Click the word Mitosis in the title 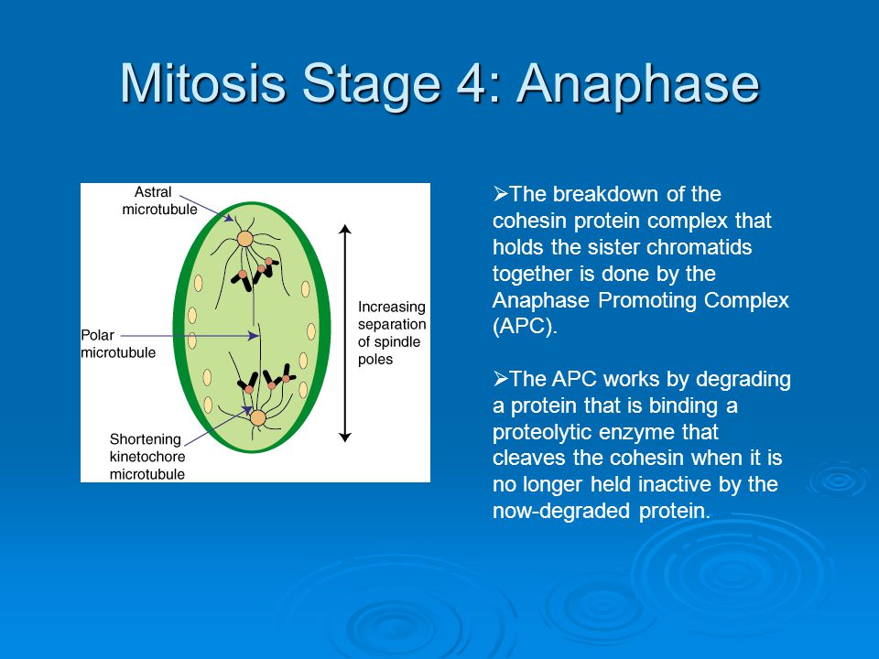pyautogui.click(x=203, y=83)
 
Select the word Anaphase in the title pyautogui.click(x=638, y=85)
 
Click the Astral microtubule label pyautogui.click(x=159, y=200)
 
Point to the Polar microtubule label pyautogui.click(x=118, y=343)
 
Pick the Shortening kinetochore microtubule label pyautogui.click(x=147, y=456)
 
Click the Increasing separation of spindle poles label pyautogui.click(x=392, y=333)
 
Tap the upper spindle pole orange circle pyautogui.click(x=245, y=239)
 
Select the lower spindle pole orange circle pyautogui.click(x=258, y=418)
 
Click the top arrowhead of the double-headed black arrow pyautogui.click(x=345, y=229)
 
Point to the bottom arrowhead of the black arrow pyautogui.click(x=345, y=438)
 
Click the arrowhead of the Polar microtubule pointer pyautogui.click(x=255, y=336)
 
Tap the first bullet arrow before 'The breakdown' pyautogui.click(x=501, y=194)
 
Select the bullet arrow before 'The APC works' pyautogui.click(x=501, y=379)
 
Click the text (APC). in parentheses pyautogui.click(x=525, y=326)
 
